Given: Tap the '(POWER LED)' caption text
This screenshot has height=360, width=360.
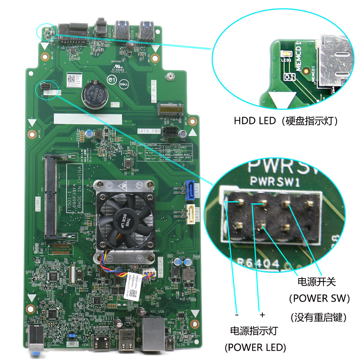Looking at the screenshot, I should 255,347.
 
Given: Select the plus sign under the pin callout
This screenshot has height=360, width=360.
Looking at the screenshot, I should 262,315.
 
